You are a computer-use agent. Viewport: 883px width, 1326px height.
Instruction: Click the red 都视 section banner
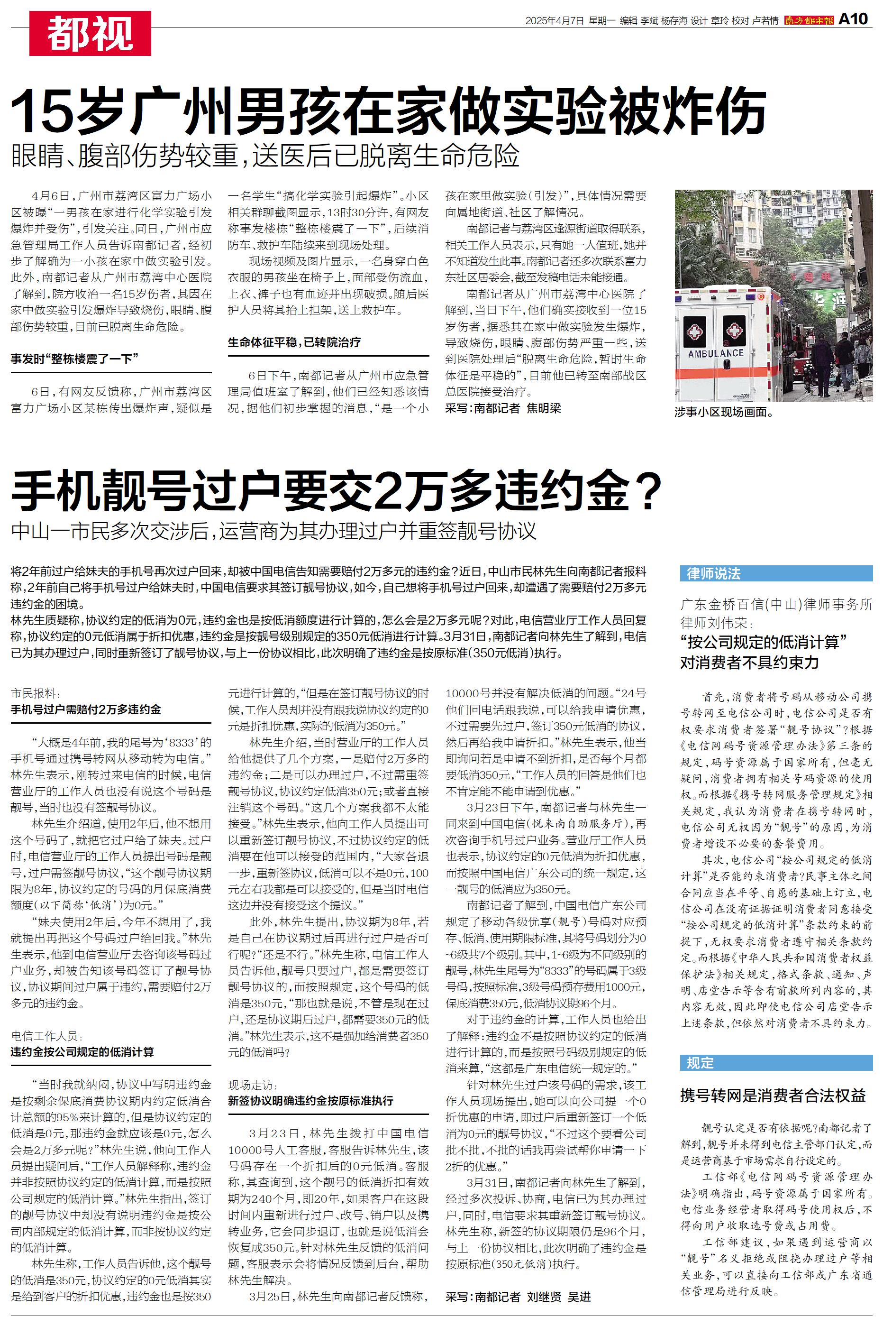pos(90,34)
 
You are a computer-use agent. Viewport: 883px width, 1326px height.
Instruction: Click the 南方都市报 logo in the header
pos(809,20)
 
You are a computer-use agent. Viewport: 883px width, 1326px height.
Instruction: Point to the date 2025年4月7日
pos(554,21)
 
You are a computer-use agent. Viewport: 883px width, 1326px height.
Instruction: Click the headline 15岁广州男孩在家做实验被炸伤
pos(388,110)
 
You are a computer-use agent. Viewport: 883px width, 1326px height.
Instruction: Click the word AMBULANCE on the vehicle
pos(715,353)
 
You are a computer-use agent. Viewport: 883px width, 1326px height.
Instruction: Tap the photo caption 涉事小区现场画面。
pos(724,412)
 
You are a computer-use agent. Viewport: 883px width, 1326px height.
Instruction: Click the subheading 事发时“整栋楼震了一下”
pos(75,359)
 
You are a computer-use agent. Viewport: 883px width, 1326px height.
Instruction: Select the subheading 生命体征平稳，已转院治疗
pos(294,342)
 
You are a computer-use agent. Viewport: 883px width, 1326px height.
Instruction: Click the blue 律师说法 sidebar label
pos(713,573)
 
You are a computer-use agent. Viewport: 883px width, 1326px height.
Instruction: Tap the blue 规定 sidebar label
pos(700,1063)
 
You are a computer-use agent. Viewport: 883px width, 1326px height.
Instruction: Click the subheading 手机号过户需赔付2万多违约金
pos(86,709)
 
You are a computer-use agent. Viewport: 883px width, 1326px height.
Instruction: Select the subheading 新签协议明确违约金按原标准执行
pos(310,1101)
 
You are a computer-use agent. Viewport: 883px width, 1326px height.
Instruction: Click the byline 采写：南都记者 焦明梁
pos(503,408)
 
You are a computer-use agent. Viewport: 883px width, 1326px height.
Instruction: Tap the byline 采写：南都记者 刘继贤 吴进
pos(518,1297)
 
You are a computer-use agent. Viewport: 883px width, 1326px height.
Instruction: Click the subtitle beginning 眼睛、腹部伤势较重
pos(264,156)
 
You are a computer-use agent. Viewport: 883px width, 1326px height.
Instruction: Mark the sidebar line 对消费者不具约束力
pos(749,663)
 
